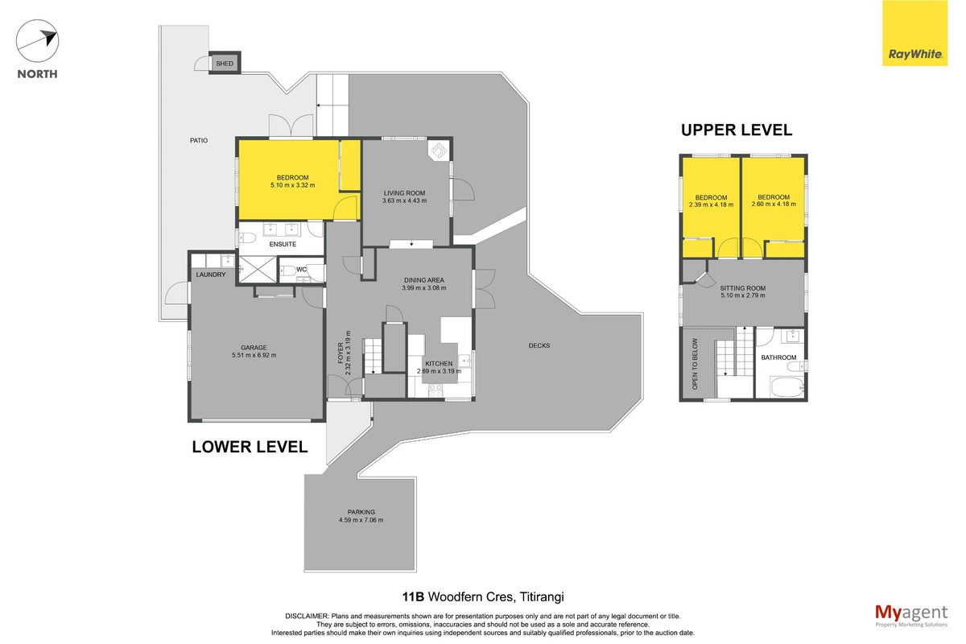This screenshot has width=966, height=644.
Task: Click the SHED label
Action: [x=225, y=64]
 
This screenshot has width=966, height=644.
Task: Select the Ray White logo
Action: [x=914, y=33]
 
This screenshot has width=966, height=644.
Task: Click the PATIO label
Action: [x=199, y=140]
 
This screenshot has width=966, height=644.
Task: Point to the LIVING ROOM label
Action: [x=404, y=193]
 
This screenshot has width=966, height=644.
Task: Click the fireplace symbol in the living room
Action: [x=439, y=151]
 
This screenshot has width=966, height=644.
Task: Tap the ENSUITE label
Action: [x=283, y=244]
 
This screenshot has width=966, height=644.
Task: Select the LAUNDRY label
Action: [x=210, y=275]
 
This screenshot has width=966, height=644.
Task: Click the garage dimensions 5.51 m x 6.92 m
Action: [x=254, y=355]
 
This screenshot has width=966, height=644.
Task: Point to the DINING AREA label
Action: [x=424, y=280]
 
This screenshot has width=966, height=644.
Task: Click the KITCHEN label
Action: [x=439, y=364]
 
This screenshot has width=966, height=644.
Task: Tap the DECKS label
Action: [x=539, y=345]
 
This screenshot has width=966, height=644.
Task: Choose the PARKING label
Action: [x=361, y=512]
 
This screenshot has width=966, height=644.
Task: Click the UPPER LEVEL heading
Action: [x=737, y=130]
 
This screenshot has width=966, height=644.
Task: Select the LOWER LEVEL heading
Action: [x=250, y=447]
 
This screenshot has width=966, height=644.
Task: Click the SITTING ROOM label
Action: [x=742, y=288]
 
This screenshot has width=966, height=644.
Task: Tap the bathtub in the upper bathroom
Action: [x=787, y=387]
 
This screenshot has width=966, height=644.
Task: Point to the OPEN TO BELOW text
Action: [x=695, y=364]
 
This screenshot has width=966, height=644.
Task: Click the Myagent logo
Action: [x=911, y=616]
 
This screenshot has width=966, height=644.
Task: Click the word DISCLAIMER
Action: [x=307, y=616]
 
